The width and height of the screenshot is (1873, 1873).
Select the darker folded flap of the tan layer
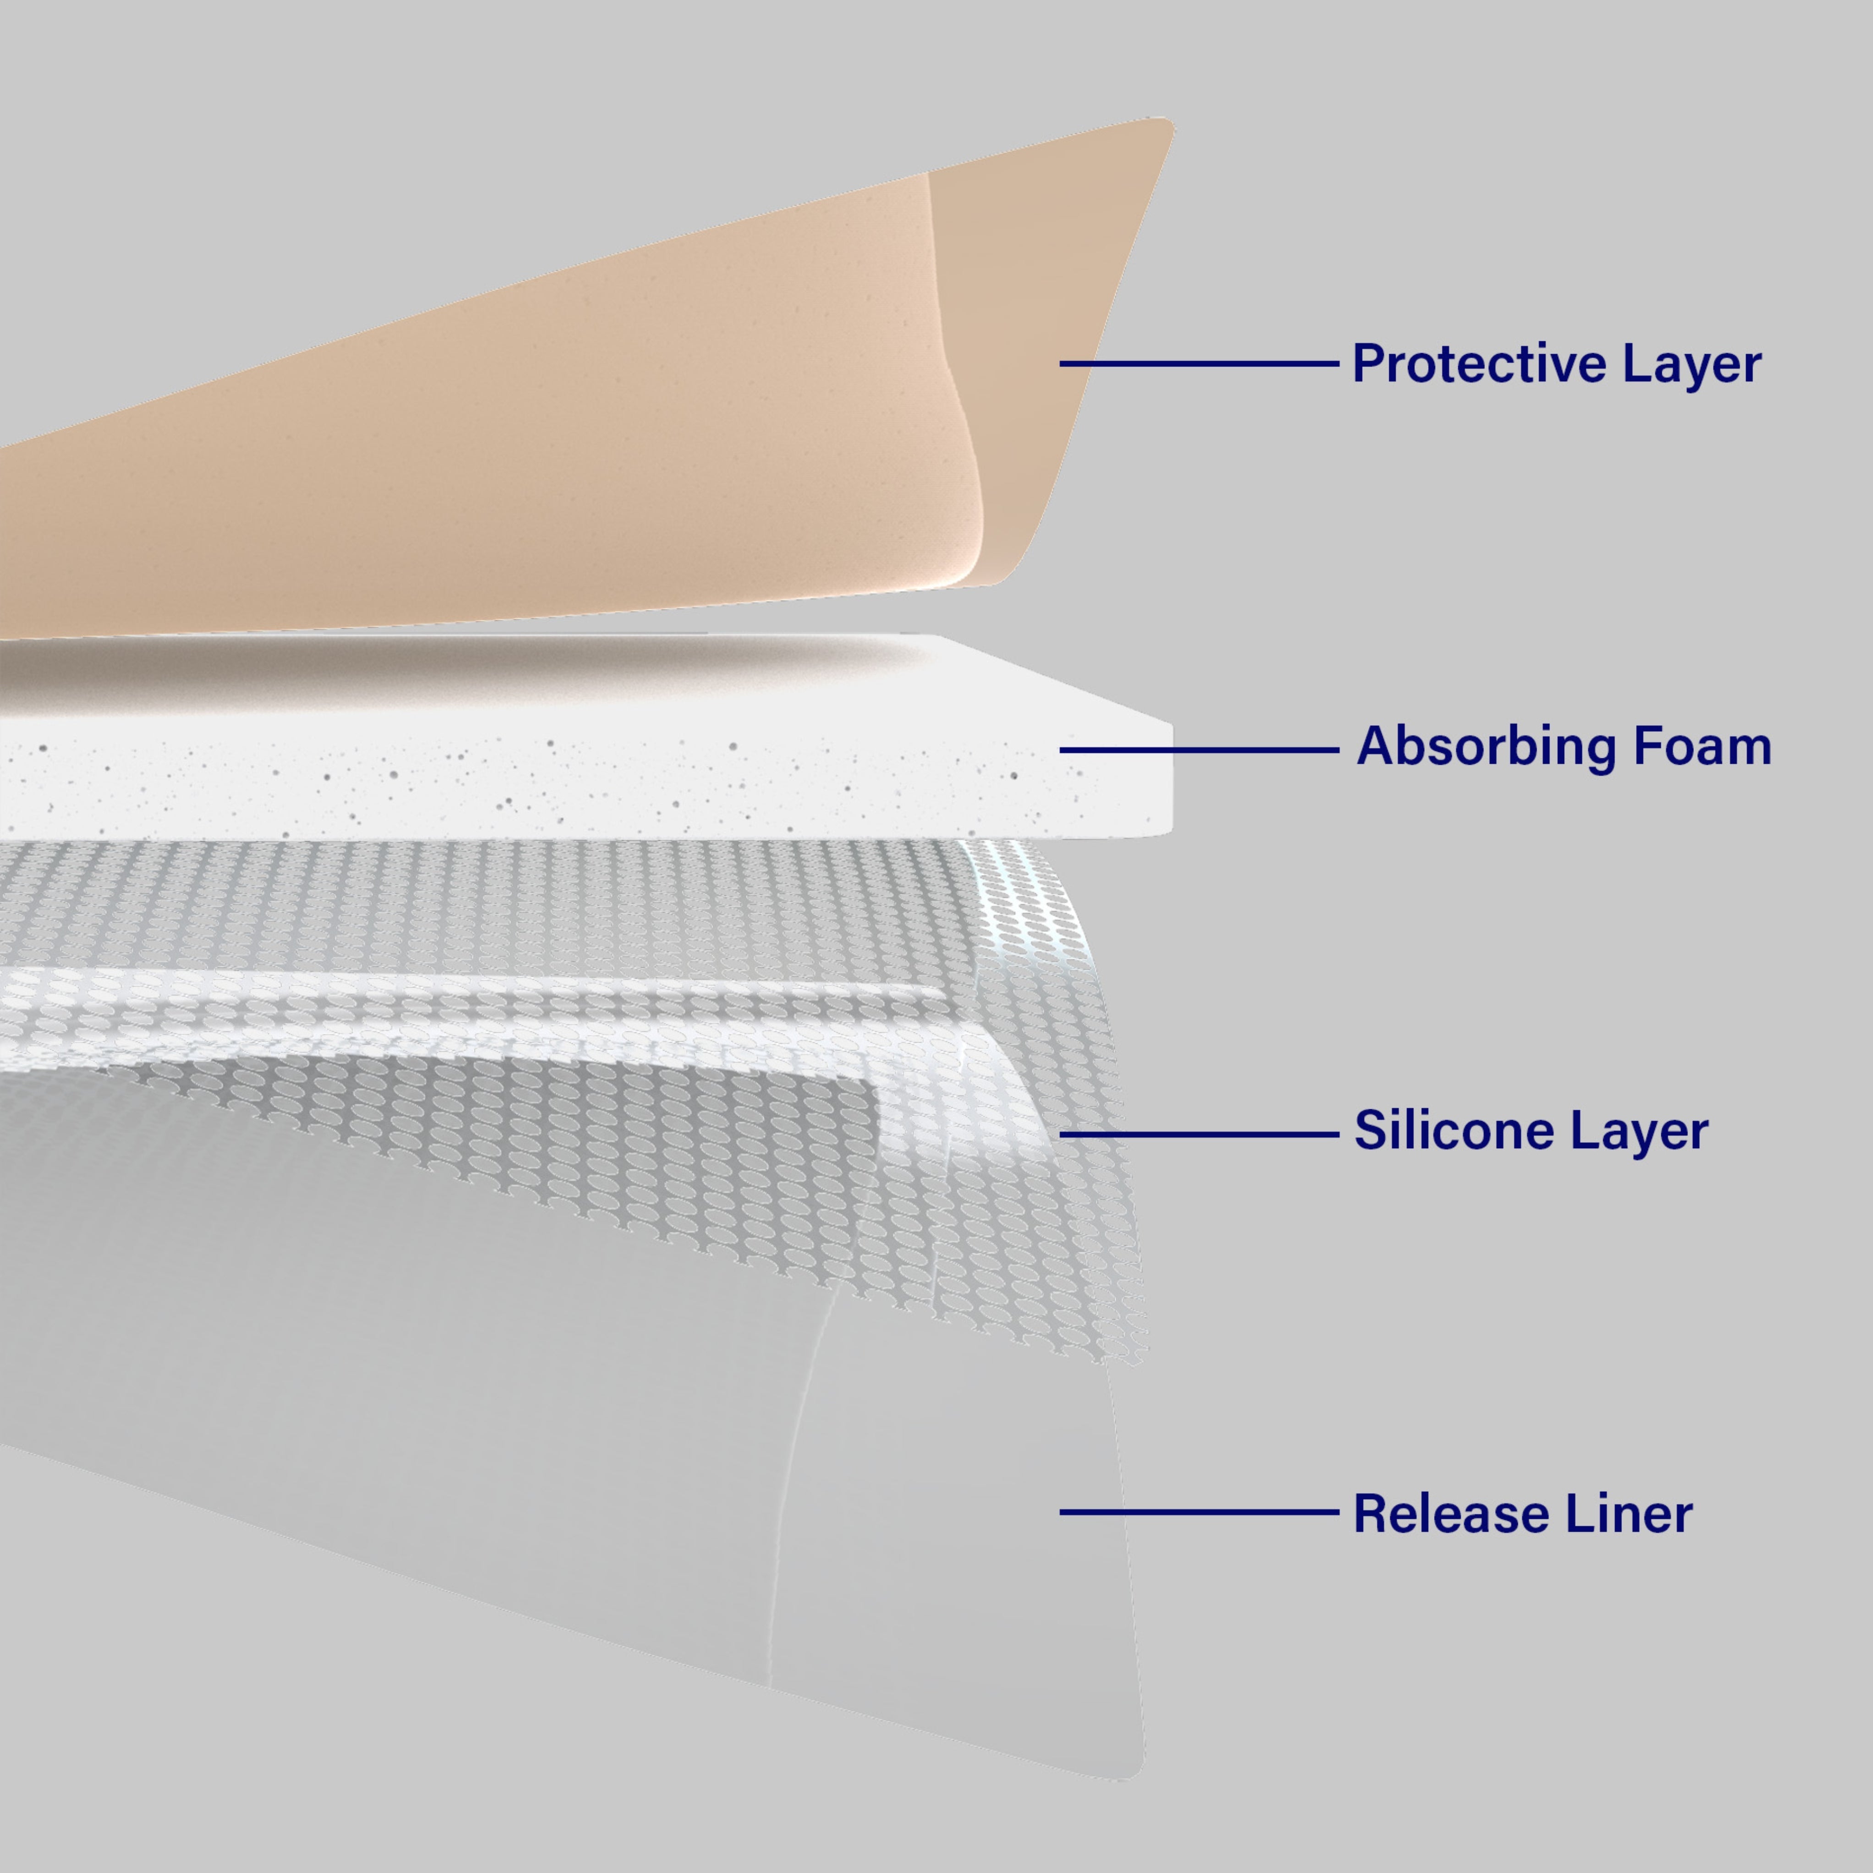coord(1037,368)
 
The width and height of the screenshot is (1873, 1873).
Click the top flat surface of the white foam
coord(679,679)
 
